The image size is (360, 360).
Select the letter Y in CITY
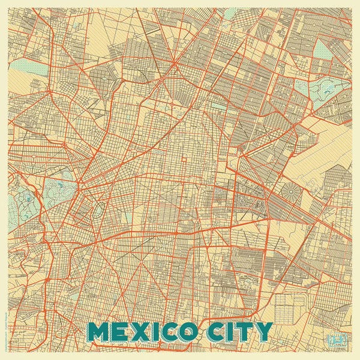[263, 331]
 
